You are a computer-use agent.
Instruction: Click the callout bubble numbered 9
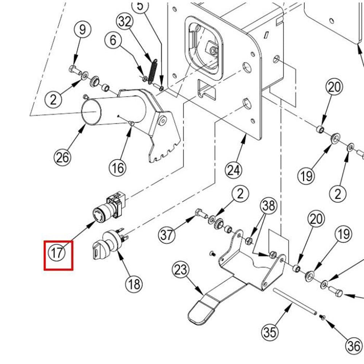[83, 29]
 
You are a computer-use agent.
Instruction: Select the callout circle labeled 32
[125, 22]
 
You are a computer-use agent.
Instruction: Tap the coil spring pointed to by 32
[153, 71]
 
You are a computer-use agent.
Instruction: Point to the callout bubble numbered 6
[113, 40]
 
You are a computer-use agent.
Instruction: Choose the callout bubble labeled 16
[118, 168]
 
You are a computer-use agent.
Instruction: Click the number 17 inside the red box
[58, 253]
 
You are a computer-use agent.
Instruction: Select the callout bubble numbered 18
[134, 284]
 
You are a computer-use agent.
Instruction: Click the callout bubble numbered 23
[181, 270]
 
